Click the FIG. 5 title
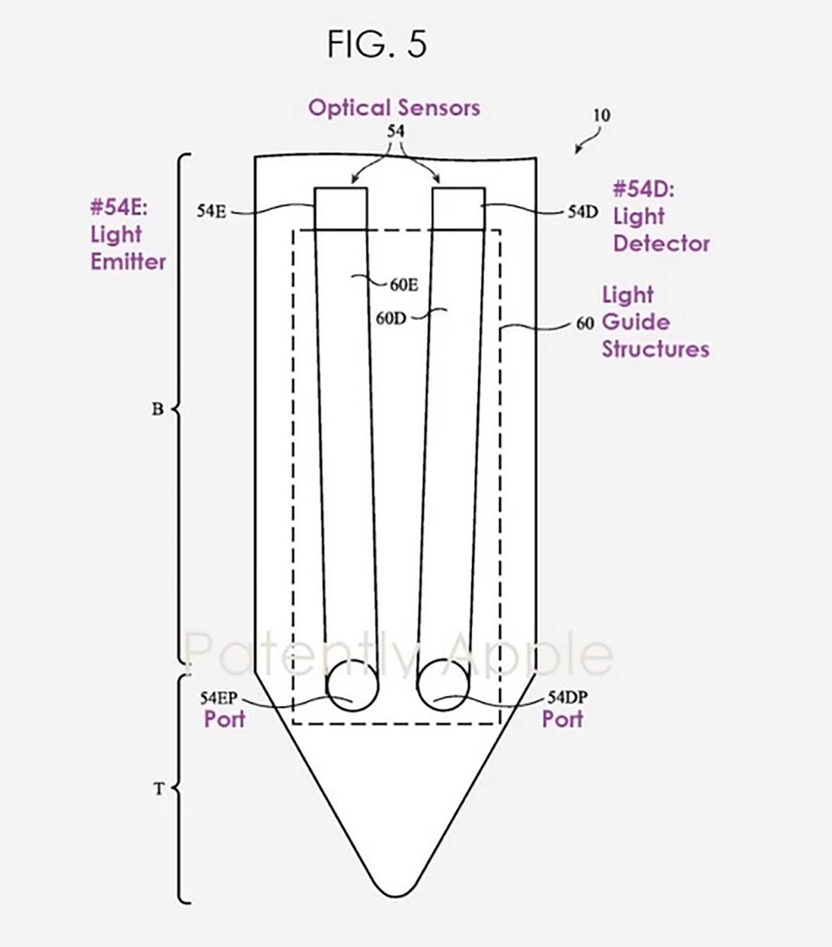click(x=377, y=45)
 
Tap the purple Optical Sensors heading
click(x=394, y=108)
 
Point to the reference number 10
click(x=601, y=115)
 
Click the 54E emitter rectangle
click(x=341, y=208)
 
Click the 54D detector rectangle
click(x=458, y=208)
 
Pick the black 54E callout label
click(x=211, y=212)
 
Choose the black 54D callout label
click(x=582, y=212)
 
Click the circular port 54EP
click(x=352, y=685)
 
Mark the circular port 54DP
click(x=444, y=685)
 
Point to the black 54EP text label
click(x=218, y=697)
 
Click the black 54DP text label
click(x=567, y=697)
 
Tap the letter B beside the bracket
click(x=157, y=409)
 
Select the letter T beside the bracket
click(x=158, y=789)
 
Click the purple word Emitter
click(x=128, y=262)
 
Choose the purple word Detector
click(x=661, y=244)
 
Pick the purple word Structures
click(x=655, y=349)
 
